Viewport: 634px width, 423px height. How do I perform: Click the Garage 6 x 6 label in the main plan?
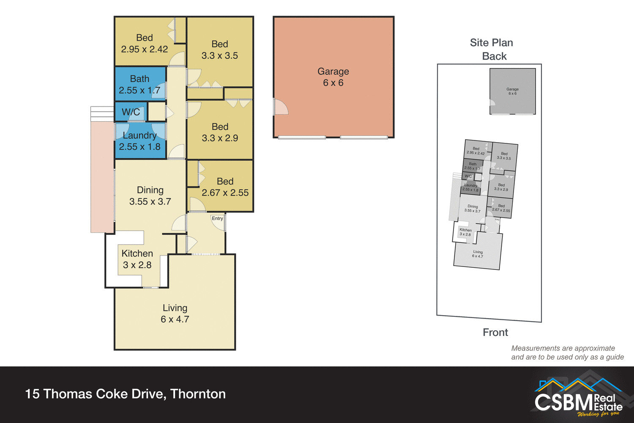(x=333, y=77)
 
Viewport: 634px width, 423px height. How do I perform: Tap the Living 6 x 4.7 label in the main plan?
(x=175, y=313)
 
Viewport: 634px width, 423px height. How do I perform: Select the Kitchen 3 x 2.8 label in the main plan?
(x=137, y=259)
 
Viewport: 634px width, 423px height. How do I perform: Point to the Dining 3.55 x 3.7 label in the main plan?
(x=150, y=196)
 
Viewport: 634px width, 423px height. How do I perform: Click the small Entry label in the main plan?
(x=217, y=218)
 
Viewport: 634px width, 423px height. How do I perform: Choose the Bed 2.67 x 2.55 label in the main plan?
(x=225, y=187)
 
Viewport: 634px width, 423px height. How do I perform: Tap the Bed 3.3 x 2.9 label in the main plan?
(x=220, y=132)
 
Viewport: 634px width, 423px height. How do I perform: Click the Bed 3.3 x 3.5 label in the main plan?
(x=219, y=50)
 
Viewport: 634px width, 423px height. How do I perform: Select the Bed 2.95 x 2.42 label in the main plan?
(x=144, y=44)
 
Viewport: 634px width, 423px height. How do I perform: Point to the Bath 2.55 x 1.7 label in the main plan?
(x=139, y=85)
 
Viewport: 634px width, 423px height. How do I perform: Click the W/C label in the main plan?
(x=131, y=112)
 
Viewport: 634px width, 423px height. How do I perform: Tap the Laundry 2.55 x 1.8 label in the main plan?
(x=139, y=141)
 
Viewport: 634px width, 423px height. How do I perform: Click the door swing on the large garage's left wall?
(x=280, y=107)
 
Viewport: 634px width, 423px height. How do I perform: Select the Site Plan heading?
(x=491, y=43)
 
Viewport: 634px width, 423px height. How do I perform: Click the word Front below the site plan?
(x=495, y=332)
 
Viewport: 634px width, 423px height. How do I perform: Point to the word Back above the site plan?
(x=494, y=56)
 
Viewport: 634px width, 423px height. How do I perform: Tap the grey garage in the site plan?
(x=512, y=91)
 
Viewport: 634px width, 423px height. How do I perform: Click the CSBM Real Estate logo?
(x=578, y=396)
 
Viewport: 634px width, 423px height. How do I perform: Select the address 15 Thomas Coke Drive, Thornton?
(x=126, y=394)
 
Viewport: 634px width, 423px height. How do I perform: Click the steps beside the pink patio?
(x=102, y=114)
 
